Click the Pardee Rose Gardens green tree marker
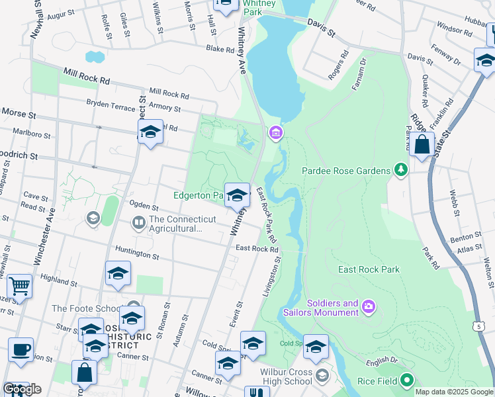[x=400, y=171]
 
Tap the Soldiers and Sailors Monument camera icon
[x=369, y=306]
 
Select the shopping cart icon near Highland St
[x=20, y=287]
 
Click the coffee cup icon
[x=21, y=350]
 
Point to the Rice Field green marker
[x=407, y=380]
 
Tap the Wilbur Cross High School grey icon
[x=322, y=376]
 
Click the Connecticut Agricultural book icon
[x=139, y=223]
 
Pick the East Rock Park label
[x=369, y=269]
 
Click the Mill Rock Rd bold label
[x=87, y=77]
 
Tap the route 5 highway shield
[x=477, y=326]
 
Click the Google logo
[x=22, y=389]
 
